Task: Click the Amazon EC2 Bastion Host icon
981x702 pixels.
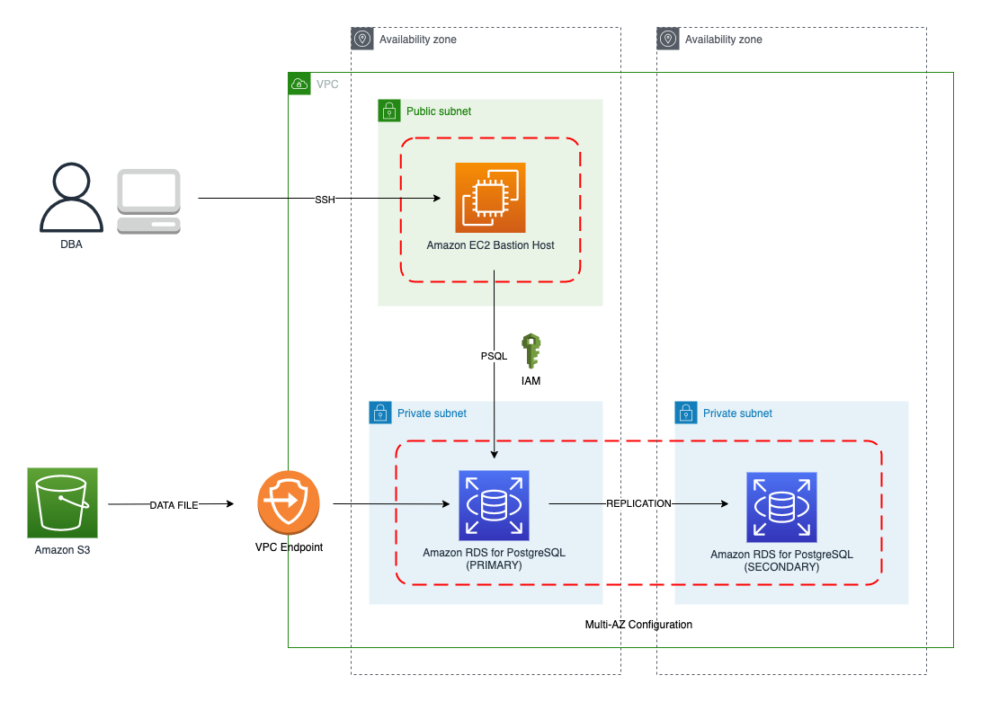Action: [490, 198]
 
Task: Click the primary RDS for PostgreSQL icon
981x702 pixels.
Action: [494, 505]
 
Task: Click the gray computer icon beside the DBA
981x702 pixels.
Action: [148, 201]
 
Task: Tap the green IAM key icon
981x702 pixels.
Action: [531, 351]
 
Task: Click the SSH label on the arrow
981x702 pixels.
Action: [325, 200]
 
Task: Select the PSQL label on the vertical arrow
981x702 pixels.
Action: [494, 357]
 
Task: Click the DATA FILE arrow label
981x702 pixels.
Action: [174, 506]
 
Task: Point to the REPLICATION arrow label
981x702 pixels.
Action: [638, 504]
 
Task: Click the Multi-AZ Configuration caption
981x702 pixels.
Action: [638, 625]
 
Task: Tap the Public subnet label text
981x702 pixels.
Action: [439, 111]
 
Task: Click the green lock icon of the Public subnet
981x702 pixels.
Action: [388, 111]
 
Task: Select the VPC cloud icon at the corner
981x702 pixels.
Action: [299, 84]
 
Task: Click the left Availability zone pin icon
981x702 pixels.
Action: [362, 39]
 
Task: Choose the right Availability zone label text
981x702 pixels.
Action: [723, 40]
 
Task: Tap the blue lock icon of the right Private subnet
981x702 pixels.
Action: [686, 413]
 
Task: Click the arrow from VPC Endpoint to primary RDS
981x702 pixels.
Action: [390, 504]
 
